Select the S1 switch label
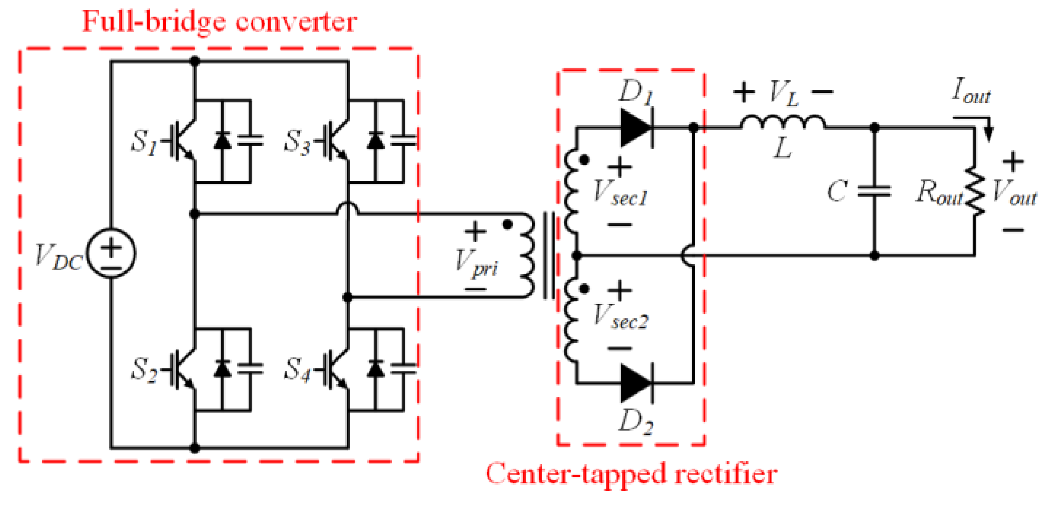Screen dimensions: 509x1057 tap(144, 142)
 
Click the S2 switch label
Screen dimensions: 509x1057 tap(144, 370)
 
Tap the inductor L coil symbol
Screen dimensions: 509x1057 tap(783, 122)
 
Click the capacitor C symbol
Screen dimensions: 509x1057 tap(874, 191)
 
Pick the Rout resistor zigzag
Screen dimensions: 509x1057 tap(974, 191)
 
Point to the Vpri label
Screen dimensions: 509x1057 tap(476, 262)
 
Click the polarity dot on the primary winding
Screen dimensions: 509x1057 tap(507, 224)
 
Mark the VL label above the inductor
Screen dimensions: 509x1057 tap(783, 92)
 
